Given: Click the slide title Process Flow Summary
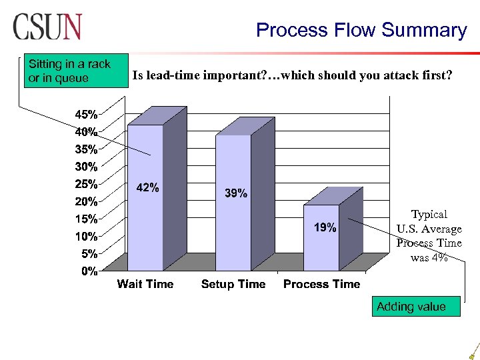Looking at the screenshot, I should click(361, 30).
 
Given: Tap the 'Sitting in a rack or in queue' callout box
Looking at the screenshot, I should click(69, 71).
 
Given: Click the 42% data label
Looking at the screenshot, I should click(147, 188).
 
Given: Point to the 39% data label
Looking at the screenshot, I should click(235, 193).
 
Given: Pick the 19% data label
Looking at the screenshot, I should click(325, 227).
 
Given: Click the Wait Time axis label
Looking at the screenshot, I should click(145, 284).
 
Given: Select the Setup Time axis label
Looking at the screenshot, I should click(233, 284).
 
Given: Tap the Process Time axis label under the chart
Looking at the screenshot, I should click(321, 284).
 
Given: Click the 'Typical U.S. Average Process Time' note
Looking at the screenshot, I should click(429, 236).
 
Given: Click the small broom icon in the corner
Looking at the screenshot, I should click(473, 351).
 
